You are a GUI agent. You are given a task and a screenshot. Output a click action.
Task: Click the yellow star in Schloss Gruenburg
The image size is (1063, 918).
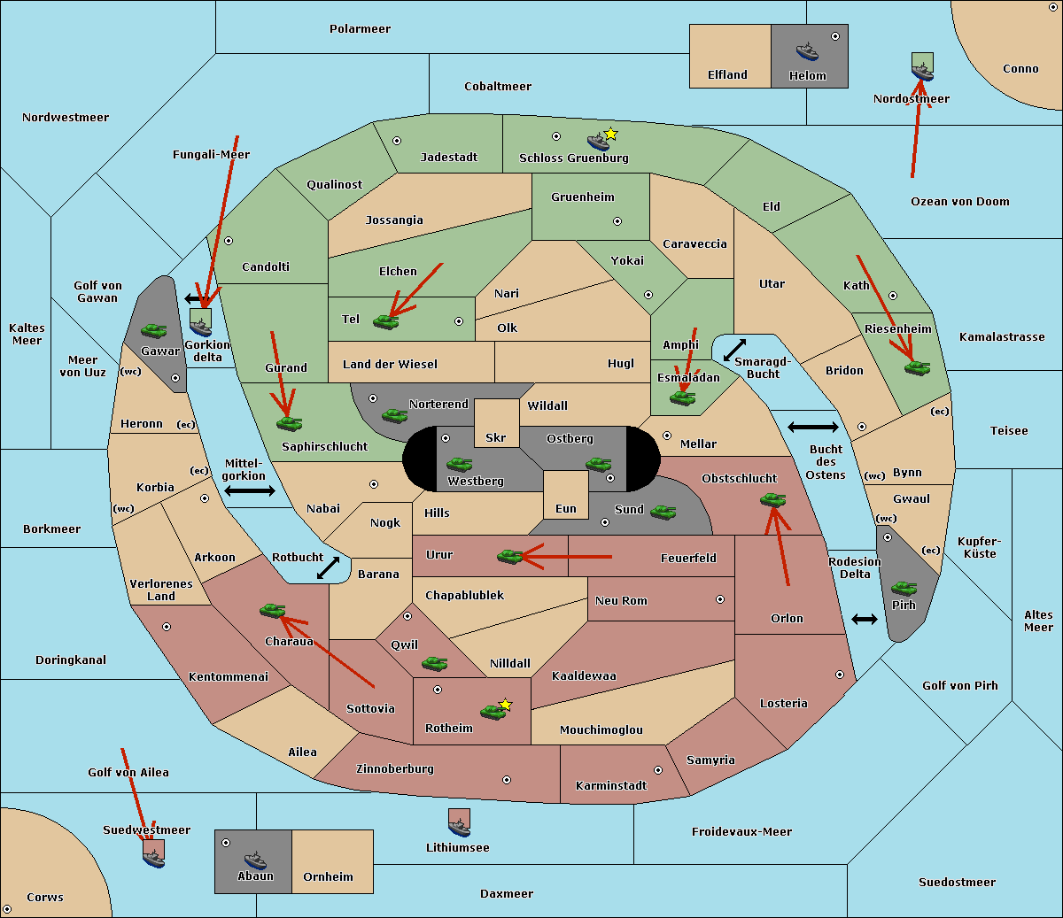tap(610, 134)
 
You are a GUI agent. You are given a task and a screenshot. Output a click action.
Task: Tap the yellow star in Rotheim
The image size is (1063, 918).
tap(506, 705)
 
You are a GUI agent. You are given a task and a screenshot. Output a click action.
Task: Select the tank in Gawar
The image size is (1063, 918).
tap(154, 330)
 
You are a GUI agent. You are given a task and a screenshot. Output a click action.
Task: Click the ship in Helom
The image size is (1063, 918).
tap(807, 51)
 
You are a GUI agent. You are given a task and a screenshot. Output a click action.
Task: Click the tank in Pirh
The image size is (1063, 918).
tap(904, 588)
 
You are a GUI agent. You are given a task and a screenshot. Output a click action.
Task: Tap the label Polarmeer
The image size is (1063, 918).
tap(360, 29)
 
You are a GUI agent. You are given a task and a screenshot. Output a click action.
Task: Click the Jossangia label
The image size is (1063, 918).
tap(394, 220)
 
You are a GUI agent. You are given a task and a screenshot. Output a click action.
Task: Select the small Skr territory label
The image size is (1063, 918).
tap(496, 437)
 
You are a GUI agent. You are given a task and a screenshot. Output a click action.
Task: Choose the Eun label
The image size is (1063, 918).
tap(566, 509)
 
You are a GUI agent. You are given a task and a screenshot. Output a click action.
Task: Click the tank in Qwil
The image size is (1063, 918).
tap(434, 663)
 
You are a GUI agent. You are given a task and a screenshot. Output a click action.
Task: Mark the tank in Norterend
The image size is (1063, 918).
tap(394, 415)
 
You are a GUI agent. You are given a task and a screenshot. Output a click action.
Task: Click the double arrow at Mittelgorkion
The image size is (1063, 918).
tap(250, 491)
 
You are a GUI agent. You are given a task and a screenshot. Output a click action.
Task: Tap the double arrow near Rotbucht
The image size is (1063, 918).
tap(329, 567)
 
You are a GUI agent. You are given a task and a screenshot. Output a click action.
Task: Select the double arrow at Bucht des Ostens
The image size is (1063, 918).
tap(812, 428)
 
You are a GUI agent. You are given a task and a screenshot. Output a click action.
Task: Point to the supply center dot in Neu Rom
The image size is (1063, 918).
tap(720, 599)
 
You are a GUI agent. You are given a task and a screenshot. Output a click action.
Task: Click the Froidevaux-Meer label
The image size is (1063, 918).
tap(741, 832)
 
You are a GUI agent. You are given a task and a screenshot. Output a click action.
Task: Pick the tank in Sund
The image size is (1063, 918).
tap(663, 512)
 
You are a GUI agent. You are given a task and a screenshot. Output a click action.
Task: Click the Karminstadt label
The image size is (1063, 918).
tap(611, 786)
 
